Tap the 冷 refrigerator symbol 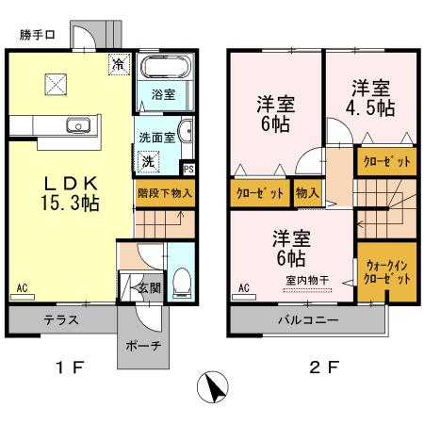tap(119, 64)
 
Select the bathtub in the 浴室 tap(165, 68)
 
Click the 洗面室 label tap(156, 135)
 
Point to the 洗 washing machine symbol tap(148, 161)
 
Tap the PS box tap(188, 170)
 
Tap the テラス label tap(60, 319)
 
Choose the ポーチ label tap(143, 344)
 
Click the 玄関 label tap(148, 287)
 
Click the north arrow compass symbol tap(214, 386)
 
